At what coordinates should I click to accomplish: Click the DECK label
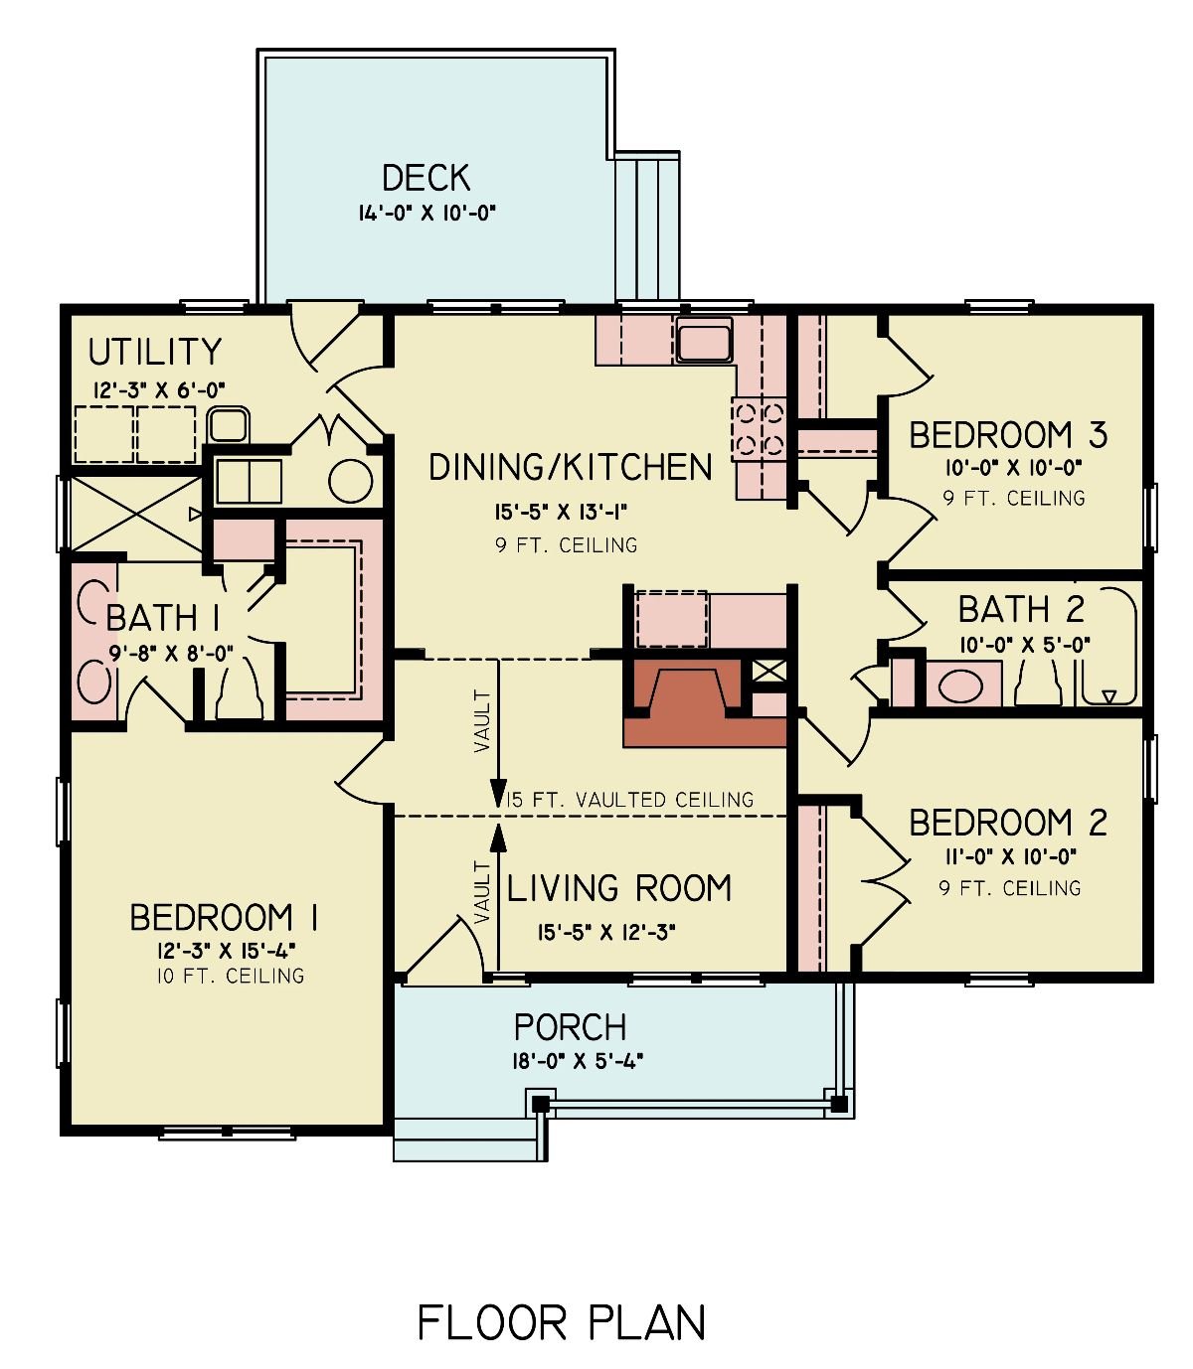(x=426, y=178)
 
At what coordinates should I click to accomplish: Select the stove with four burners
(x=759, y=428)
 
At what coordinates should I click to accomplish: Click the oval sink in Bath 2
(x=960, y=686)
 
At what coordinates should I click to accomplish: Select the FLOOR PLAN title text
(x=562, y=1322)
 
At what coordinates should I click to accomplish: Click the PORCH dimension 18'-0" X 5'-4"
(x=578, y=1060)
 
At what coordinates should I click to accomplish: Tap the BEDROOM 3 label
(x=1008, y=435)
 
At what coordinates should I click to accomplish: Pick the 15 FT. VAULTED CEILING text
(x=630, y=800)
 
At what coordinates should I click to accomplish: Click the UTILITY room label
(x=155, y=352)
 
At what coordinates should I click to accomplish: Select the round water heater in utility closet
(x=351, y=481)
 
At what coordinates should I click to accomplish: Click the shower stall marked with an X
(x=133, y=514)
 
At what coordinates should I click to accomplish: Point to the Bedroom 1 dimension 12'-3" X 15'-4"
(x=225, y=951)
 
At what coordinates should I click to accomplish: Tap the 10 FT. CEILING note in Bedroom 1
(x=230, y=976)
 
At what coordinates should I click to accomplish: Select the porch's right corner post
(x=839, y=1103)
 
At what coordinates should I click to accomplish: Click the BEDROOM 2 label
(x=1008, y=823)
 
